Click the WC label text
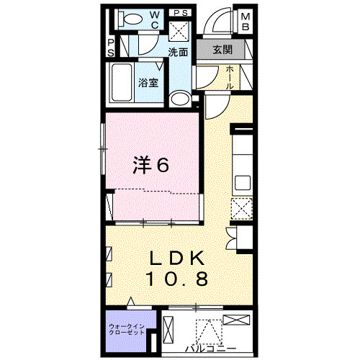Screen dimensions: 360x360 (156, 19)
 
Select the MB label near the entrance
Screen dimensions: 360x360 (246, 22)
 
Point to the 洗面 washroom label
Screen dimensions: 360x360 (178, 52)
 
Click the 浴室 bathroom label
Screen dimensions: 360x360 (148, 82)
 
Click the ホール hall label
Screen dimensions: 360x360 (229, 77)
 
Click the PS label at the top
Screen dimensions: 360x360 (181, 13)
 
